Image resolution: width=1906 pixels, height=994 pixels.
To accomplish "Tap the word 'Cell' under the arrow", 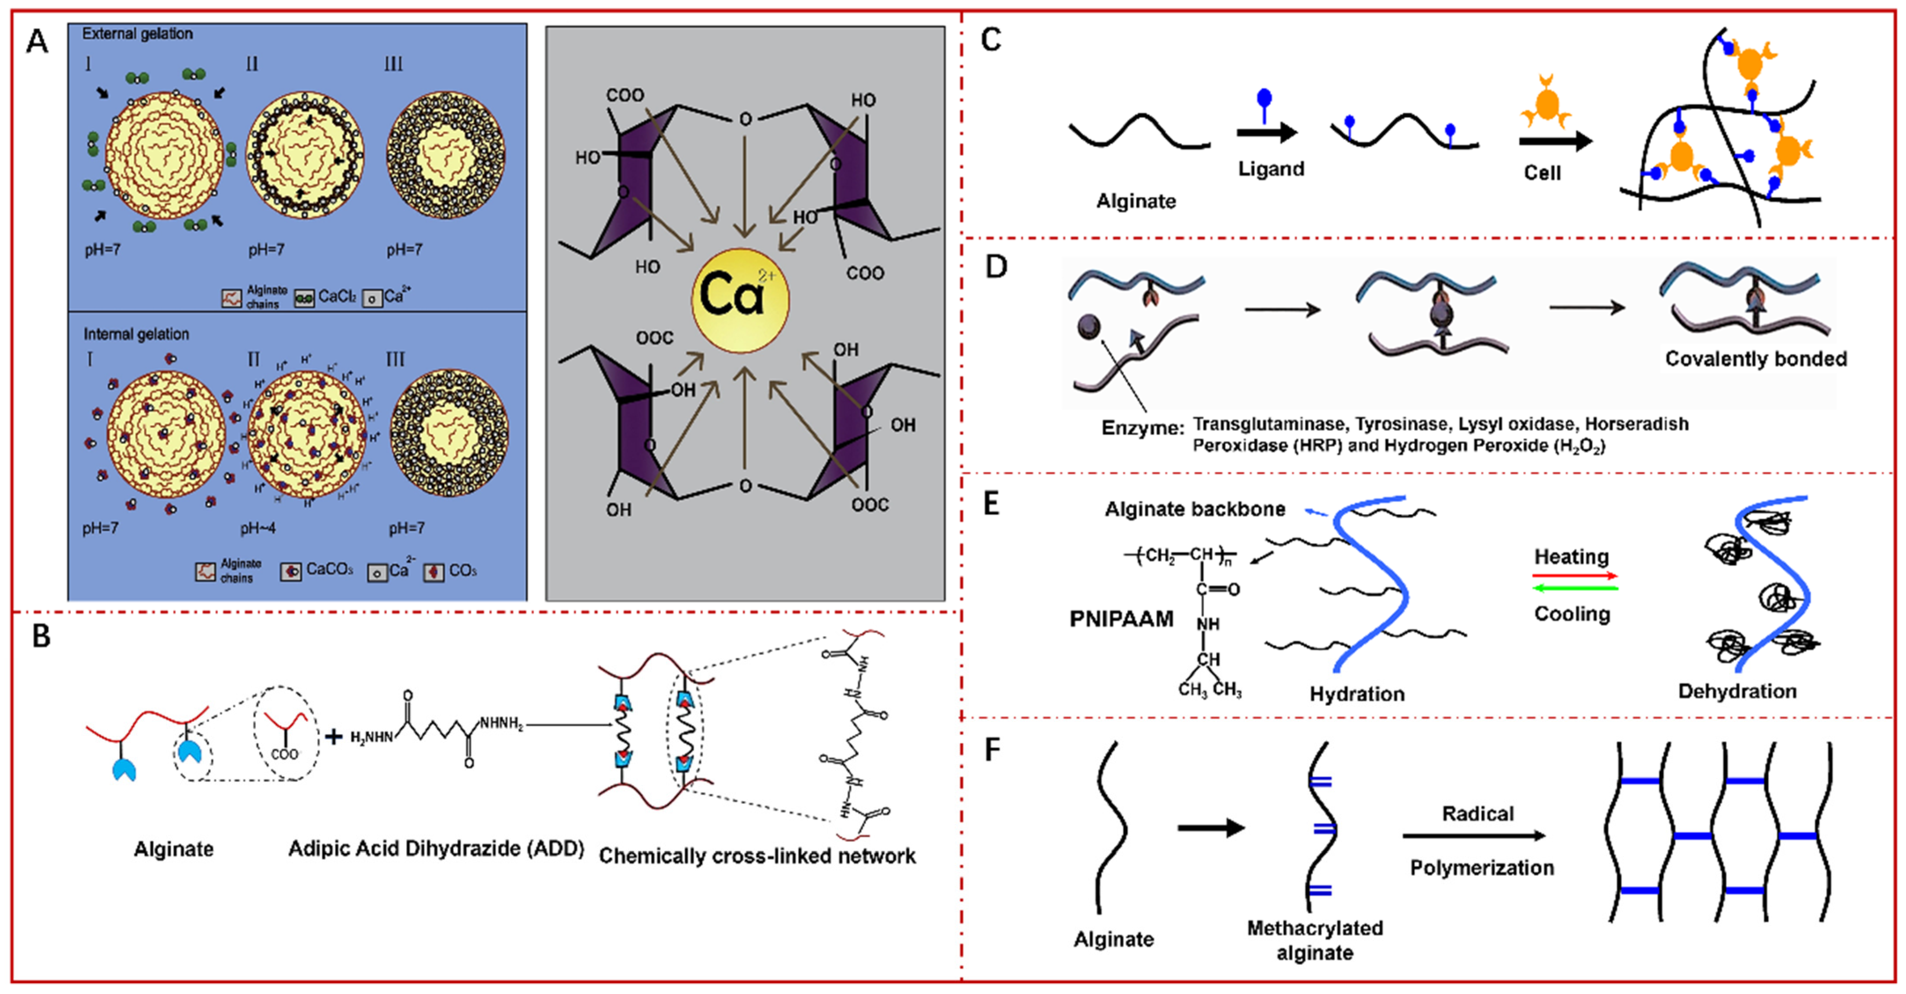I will [x=1542, y=173].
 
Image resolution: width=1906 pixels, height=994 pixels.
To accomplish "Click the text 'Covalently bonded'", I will [x=1755, y=359].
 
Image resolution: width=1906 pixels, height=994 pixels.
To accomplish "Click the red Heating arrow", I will [x=1575, y=575].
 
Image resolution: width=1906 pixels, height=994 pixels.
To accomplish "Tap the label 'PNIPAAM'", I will [x=1121, y=618].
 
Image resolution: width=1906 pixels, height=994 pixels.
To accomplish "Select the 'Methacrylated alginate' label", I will [x=1315, y=940].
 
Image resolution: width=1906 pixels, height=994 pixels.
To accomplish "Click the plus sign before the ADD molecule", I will [x=334, y=737].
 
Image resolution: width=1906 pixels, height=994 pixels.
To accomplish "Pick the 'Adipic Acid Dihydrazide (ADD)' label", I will [x=436, y=848].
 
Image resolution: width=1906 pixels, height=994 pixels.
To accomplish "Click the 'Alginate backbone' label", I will [x=1194, y=509].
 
